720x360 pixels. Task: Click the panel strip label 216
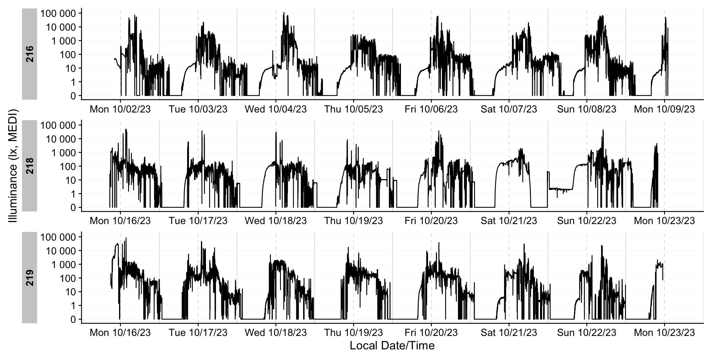coord(30,54)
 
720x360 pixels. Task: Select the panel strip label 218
coord(30,166)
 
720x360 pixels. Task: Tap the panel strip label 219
coord(30,277)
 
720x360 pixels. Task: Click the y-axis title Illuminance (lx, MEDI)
coord(13,166)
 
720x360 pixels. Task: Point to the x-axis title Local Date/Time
coord(392,346)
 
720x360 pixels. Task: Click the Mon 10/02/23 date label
coord(120,109)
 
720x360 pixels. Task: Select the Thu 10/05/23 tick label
coord(353,109)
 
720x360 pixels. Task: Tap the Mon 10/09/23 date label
coord(664,109)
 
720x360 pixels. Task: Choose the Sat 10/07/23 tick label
coord(509,109)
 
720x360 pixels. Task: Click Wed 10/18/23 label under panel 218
coord(276,221)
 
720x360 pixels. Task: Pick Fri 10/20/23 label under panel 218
coord(431,221)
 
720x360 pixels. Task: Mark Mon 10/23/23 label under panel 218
coord(664,221)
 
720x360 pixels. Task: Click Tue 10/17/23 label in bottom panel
coord(198,332)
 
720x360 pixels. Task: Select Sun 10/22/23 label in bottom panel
coord(587,332)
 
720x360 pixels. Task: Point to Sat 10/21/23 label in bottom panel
coord(509,332)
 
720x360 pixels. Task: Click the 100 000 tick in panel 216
coord(58,13)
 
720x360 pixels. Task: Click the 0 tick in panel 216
coord(73,96)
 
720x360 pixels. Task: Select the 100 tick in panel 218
coord(68,167)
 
